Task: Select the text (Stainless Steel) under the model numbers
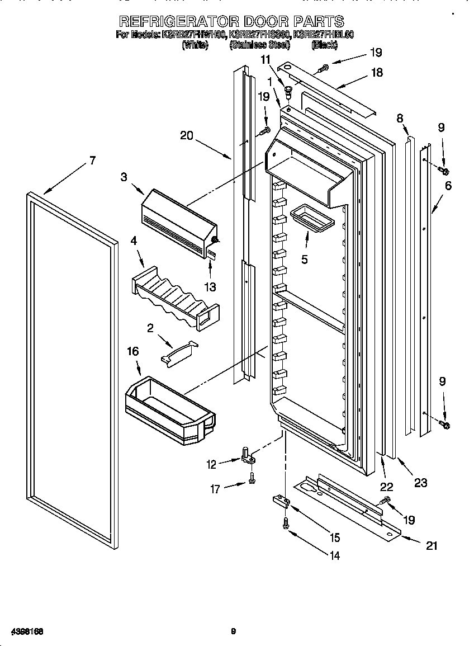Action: point(259,45)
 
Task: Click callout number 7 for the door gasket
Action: point(92,161)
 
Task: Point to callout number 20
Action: point(187,135)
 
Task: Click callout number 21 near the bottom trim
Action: point(431,546)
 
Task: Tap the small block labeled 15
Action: point(280,501)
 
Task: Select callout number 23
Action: point(420,482)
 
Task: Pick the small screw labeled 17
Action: point(253,479)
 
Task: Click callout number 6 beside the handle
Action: point(448,186)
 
